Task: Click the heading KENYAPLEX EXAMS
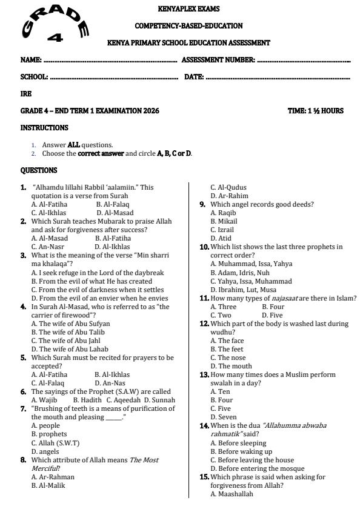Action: (x=188, y=9)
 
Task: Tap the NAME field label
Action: (x=31, y=60)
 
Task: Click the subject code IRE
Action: (x=25, y=94)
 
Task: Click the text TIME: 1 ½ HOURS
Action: (x=315, y=111)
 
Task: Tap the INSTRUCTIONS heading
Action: (x=44, y=128)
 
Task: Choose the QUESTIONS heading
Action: (x=39, y=170)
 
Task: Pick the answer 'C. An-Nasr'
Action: (x=47, y=247)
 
